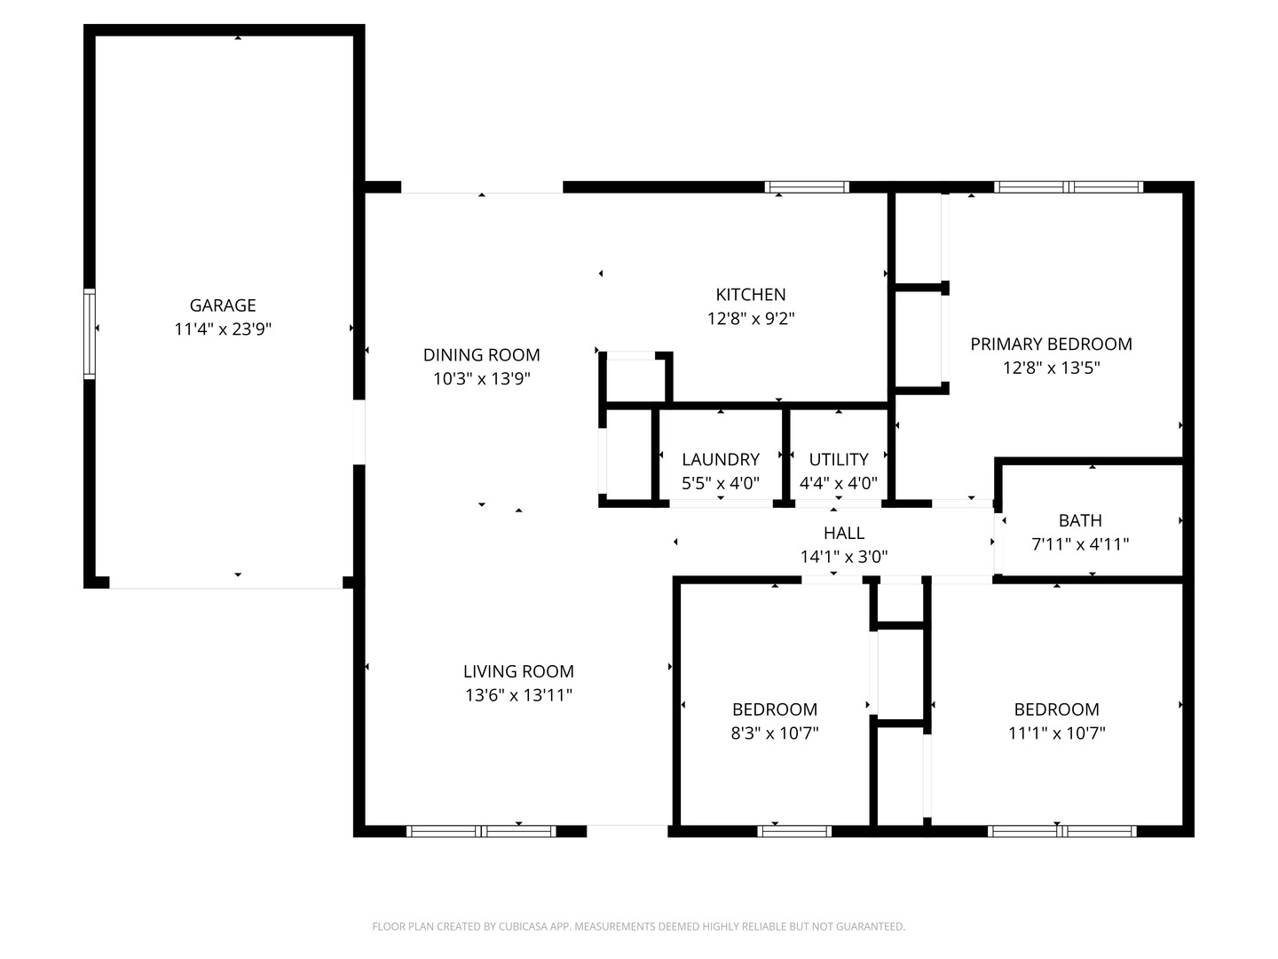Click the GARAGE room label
click(223, 305)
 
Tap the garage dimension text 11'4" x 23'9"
click(223, 329)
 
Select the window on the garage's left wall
click(90, 334)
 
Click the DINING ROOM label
click(481, 355)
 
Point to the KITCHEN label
click(751, 295)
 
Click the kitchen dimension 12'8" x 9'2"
click(751, 319)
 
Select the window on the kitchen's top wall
click(807, 187)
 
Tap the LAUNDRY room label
click(720, 460)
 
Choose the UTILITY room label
click(838, 460)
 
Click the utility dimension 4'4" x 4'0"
click(838, 484)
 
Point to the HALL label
click(843, 534)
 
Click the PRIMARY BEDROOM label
click(1051, 345)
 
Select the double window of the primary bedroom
click(1068, 187)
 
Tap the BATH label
click(1080, 521)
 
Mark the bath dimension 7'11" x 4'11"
click(1080, 544)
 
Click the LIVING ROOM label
click(518, 672)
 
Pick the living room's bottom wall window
click(481, 831)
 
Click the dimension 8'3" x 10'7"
click(775, 733)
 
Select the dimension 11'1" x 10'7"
click(1056, 733)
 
